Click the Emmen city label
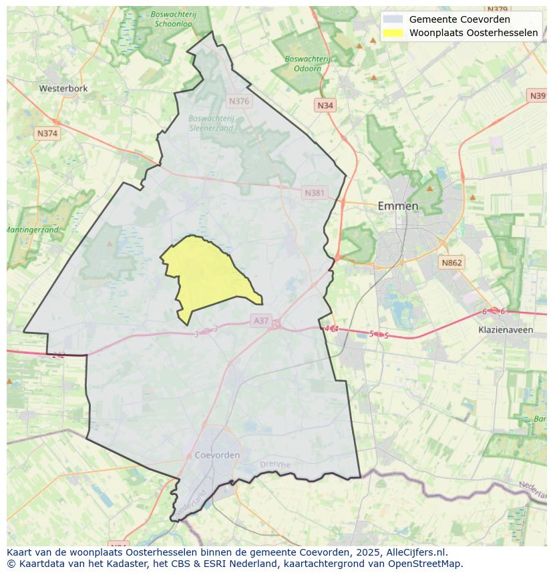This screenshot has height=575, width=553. pos(398,206)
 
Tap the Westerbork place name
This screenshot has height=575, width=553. pos(63,88)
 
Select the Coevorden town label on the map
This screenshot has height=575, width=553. pos(217,455)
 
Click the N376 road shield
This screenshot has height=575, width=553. pos(238,102)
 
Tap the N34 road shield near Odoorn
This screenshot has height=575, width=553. pos(325,106)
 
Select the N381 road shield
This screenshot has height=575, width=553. pos(315,193)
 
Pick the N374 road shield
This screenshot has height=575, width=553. pos(47,134)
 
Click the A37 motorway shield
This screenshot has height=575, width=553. pos(260,321)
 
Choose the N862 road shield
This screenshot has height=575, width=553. pos(451,263)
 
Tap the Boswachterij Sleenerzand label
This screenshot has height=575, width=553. pos(211,123)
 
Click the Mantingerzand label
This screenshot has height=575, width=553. pos(31,230)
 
